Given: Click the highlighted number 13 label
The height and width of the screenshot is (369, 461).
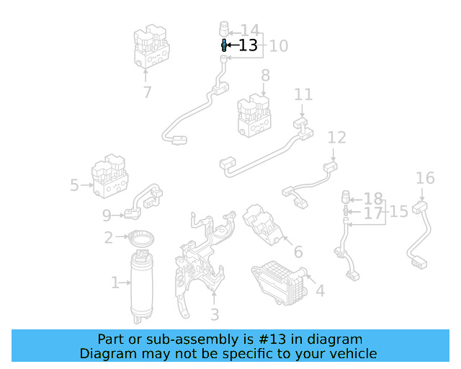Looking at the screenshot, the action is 248,45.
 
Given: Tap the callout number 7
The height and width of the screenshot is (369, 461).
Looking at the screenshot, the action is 147,92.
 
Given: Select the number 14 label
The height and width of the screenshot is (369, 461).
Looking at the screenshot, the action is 249,30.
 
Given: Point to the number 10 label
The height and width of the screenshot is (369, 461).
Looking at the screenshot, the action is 278,45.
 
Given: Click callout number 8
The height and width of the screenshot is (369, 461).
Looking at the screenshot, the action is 265,75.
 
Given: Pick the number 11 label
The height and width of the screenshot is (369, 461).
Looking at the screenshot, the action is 303,94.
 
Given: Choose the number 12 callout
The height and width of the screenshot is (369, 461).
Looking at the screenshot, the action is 336,137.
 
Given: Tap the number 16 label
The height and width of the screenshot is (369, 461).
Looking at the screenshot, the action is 425,178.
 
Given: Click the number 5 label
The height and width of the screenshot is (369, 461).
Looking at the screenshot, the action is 74,185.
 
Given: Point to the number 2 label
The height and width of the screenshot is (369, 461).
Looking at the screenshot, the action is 108,238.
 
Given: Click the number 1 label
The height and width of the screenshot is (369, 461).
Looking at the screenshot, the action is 115,283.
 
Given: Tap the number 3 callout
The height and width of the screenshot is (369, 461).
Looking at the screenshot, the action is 214,314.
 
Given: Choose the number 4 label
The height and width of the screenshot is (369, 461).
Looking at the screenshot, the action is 319,290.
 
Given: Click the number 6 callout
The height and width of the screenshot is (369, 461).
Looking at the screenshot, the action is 297,252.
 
